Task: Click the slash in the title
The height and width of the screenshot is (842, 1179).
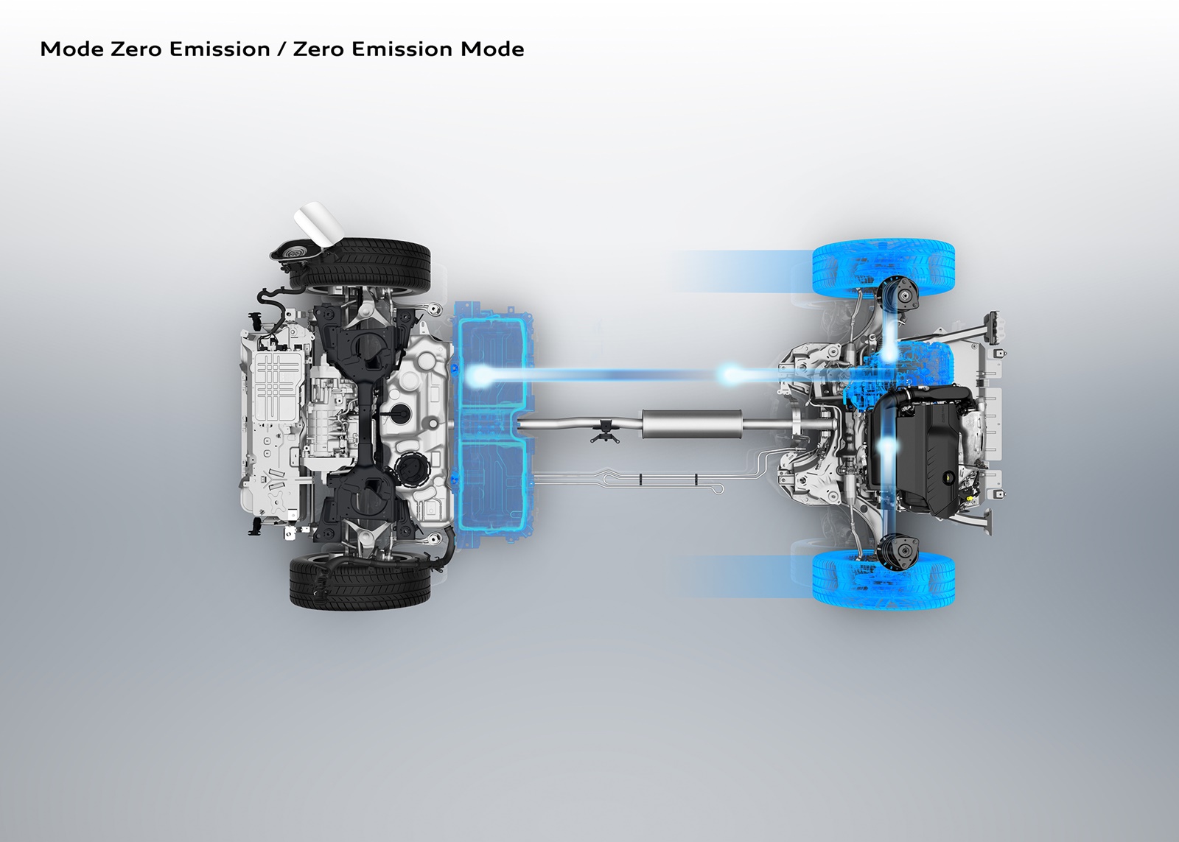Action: coord(281,49)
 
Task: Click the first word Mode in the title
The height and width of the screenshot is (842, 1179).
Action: coord(72,49)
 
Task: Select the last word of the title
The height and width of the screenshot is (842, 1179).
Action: coord(493,49)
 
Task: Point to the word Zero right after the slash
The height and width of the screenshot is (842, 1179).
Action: coord(320,49)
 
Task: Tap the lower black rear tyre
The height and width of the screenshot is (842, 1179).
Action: coord(360,582)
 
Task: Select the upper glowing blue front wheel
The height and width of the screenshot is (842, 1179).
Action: coord(884,267)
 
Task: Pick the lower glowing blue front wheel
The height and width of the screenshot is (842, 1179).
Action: coord(884,580)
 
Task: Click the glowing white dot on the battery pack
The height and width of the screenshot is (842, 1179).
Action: coord(478,376)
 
